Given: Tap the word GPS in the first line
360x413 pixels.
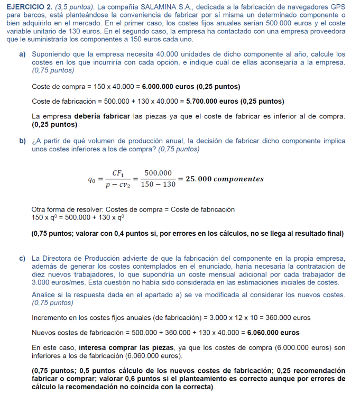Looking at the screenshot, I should [x=337, y=6].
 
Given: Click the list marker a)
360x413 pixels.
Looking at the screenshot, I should [x=23, y=54].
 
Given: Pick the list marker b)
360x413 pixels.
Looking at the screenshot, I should [x=23, y=141].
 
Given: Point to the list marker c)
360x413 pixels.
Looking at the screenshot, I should [x=23, y=259].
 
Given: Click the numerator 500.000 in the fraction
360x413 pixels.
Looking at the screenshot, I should [x=159, y=173].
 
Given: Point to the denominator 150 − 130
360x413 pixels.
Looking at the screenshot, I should [x=159, y=185].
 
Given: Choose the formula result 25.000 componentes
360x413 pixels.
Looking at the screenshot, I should [x=224, y=179].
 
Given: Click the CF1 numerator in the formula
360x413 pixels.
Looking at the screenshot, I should [x=118, y=173].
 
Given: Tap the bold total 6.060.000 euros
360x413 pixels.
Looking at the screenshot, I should [x=273, y=333].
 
